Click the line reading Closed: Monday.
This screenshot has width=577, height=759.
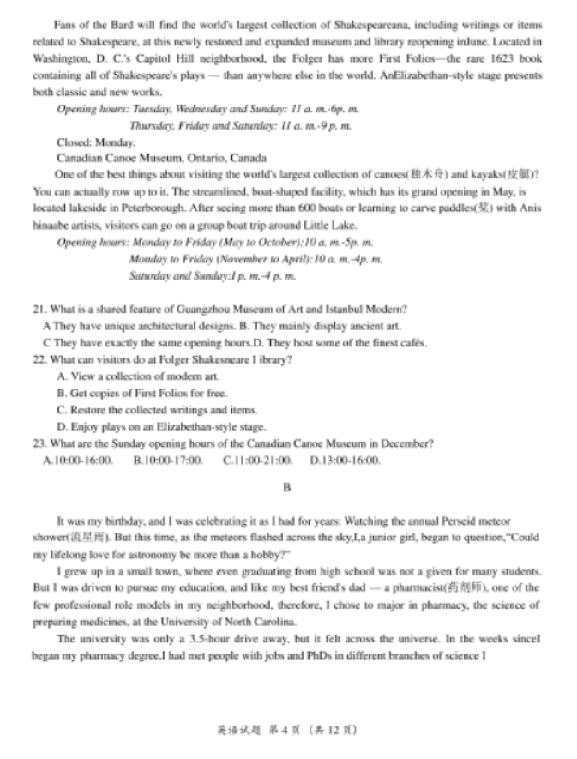pyautogui.click(x=96, y=142)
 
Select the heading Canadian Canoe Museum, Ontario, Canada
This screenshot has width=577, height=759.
pyautogui.click(x=161, y=159)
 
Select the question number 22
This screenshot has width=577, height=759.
pyautogui.click(x=39, y=359)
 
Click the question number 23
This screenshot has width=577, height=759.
pyautogui.click(x=39, y=443)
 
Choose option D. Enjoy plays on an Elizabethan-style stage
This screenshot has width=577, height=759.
pyautogui.click(x=161, y=426)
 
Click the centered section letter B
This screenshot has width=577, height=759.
pyautogui.click(x=287, y=487)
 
